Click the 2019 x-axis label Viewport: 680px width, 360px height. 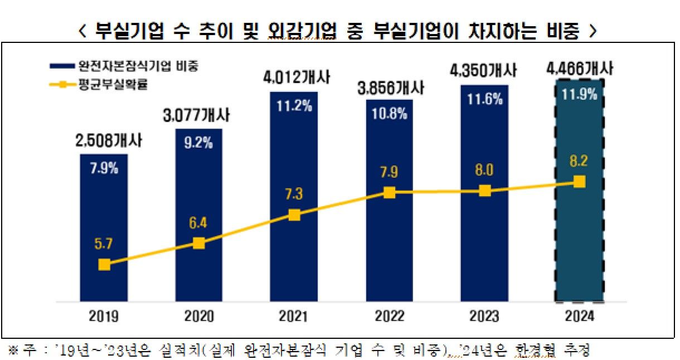104,317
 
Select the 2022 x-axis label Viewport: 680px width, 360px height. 389,317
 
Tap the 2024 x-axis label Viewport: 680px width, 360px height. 579,317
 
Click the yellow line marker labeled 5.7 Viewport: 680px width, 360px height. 104,264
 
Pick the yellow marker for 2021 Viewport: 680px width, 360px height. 294,215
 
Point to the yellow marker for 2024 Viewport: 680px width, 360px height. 579,182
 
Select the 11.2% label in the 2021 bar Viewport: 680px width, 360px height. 295,105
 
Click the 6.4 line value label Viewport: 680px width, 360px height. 199,222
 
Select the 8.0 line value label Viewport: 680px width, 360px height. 485,169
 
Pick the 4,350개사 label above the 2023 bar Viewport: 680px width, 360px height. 484,72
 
